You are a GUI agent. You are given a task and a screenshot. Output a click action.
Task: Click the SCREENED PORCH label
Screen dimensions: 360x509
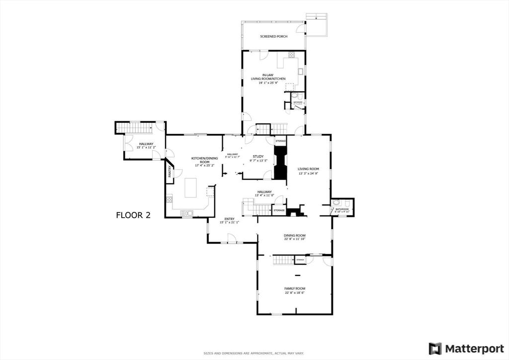(x=273, y=36)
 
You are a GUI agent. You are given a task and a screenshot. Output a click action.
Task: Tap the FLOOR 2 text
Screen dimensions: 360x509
(x=133, y=215)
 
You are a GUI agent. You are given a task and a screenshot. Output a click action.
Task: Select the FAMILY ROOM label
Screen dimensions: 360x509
(x=294, y=288)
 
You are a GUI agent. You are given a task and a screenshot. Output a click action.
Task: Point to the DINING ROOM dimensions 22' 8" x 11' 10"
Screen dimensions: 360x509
(x=294, y=239)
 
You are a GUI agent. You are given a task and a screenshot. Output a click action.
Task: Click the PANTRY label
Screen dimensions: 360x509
(x=170, y=172)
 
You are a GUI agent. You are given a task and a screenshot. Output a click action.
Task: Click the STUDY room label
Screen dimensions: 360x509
(x=258, y=156)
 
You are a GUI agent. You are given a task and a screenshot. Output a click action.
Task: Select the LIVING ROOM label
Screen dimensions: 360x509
(x=308, y=169)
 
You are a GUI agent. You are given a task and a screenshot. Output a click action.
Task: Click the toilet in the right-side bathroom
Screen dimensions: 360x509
(x=337, y=203)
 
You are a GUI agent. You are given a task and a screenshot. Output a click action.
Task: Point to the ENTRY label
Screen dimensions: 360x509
(x=229, y=218)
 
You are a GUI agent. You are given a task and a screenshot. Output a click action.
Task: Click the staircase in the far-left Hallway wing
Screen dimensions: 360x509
(x=135, y=129)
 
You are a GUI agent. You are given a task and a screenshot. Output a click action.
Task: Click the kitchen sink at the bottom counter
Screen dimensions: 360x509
(x=187, y=213)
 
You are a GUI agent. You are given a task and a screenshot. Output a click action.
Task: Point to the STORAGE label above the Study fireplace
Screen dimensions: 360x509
(x=280, y=142)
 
